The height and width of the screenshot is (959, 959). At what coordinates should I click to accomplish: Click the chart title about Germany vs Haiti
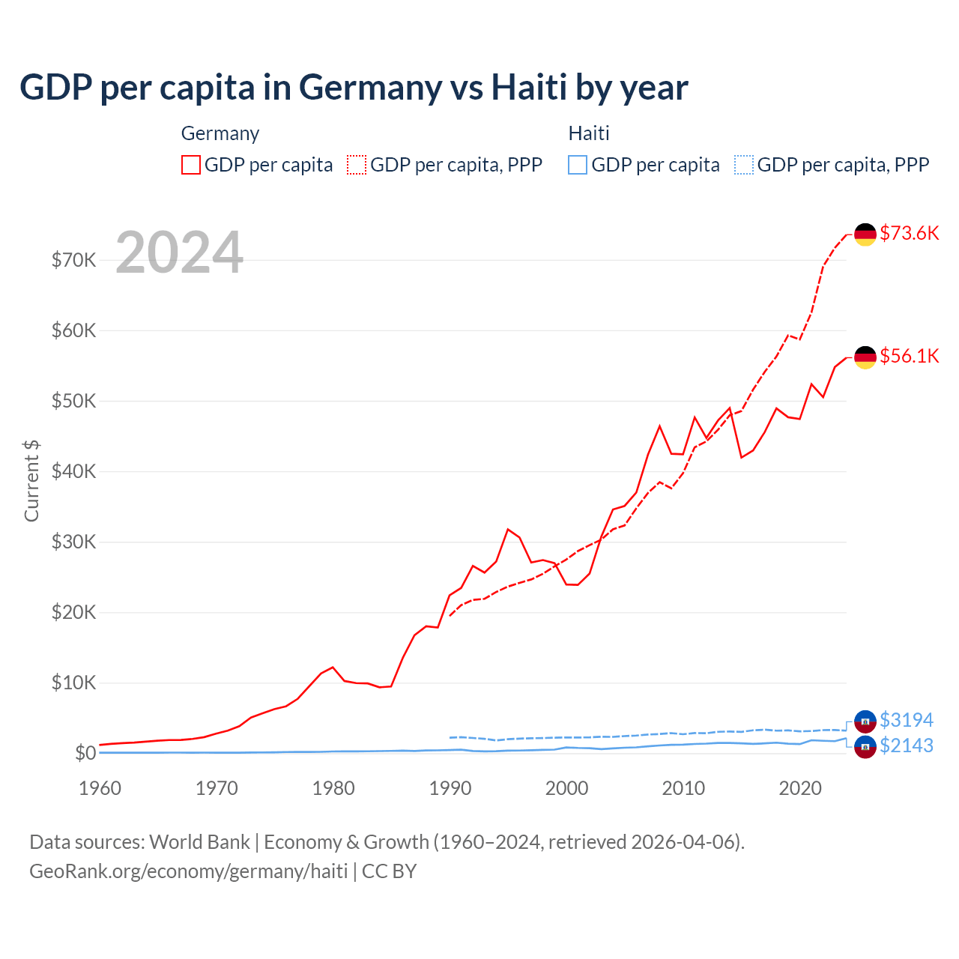(x=354, y=88)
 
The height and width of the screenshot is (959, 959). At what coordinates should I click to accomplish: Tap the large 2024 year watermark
(x=180, y=252)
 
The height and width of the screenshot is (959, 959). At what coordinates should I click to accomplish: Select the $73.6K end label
(x=909, y=233)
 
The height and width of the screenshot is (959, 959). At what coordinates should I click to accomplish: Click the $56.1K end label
(x=909, y=356)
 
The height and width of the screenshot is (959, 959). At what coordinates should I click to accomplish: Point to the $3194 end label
(x=906, y=720)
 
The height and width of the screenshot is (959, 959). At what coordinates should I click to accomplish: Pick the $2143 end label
(x=906, y=745)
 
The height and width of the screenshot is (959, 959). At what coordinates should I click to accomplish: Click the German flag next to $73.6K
(x=865, y=235)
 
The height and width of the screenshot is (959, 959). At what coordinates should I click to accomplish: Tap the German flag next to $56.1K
(x=865, y=357)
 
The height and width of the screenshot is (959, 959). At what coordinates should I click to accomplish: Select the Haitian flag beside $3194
(x=865, y=721)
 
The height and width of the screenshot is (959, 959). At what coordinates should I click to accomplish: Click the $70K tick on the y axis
(x=73, y=260)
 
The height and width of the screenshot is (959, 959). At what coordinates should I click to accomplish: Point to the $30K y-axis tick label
(x=73, y=542)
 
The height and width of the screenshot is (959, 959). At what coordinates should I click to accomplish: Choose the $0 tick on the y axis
(x=85, y=753)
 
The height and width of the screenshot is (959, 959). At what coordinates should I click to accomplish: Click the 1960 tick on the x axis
(x=100, y=788)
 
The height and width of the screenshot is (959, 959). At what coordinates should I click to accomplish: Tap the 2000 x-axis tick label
(x=567, y=788)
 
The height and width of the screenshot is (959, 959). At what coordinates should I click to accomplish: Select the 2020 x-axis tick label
(x=800, y=788)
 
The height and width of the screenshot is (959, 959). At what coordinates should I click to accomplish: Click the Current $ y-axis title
(x=31, y=481)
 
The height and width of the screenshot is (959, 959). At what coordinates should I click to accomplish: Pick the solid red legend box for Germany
(x=191, y=165)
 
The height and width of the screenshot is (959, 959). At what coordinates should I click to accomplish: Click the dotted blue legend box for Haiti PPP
(x=744, y=165)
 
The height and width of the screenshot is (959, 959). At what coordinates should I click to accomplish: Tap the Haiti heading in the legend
(x=589, y=133)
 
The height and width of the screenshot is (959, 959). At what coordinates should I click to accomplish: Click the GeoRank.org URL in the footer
(x=189, y=871)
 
